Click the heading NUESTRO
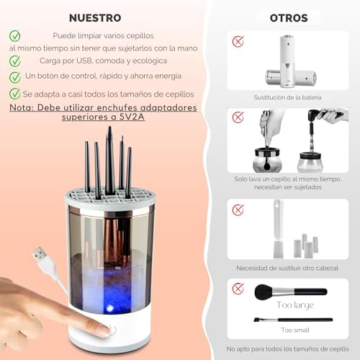[x=95, y=18]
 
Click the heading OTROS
[x=289, y=18]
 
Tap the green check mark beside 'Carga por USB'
[x=15, y=61]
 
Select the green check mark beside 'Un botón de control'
[x=15, y=77]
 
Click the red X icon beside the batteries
[x=238, y=42]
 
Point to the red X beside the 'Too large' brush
[x=238, y=288]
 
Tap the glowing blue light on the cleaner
[x=109, y=308]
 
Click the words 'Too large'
[x=295, y=305]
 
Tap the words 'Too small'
[x=295, y=330]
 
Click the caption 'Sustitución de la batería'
[x=287, y=97]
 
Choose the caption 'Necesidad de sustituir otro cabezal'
[x=287, y=268]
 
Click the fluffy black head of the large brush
[x=264, y=292]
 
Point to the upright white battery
[x=288, y=61]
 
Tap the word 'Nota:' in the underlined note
[x=22, y=108]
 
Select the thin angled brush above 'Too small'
[x=293, y=320]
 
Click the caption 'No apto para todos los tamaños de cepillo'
[x=287, y=349]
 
